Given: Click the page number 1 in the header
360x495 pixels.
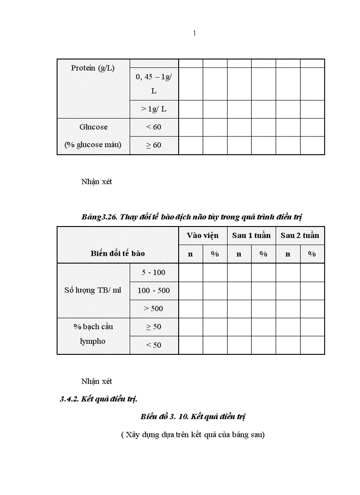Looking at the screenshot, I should [x=195, y=33].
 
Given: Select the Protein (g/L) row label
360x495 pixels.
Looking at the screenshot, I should [x=93, y=68].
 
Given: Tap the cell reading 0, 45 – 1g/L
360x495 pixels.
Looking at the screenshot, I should [x=154, y=84].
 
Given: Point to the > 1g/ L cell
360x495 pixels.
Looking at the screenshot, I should [x=154, y=109].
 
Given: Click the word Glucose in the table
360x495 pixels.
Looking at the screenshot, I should [x=93, y=127].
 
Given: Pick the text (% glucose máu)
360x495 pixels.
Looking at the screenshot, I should [x=93, y=145].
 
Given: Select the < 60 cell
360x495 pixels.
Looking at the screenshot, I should [x=154, y=127].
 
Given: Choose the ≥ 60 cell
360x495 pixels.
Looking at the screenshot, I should [x=154, y=145].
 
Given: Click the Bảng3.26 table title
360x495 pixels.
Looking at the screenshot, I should [x=191, y=217].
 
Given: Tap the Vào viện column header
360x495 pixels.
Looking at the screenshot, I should [x=202, y=235].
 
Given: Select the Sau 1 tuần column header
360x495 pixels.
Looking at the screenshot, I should [x=251, y=235].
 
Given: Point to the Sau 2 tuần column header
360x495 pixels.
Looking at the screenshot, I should [x=300, y=235].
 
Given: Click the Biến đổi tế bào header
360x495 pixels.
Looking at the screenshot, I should [x=118, y=253].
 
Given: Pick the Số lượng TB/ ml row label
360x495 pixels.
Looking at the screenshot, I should [x=93, y=290].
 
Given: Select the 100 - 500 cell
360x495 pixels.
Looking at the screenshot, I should [x=154, y=290].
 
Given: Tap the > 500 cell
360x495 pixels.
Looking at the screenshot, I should [x=154, y=309].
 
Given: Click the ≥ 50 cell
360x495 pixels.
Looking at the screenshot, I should [x=154, y=327].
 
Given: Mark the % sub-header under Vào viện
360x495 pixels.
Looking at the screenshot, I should [x=215, y=254].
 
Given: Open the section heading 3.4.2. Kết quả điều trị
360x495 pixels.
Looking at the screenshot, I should [x=99, y=399].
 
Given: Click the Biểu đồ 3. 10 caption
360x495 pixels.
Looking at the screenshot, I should [x=193, y=417].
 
